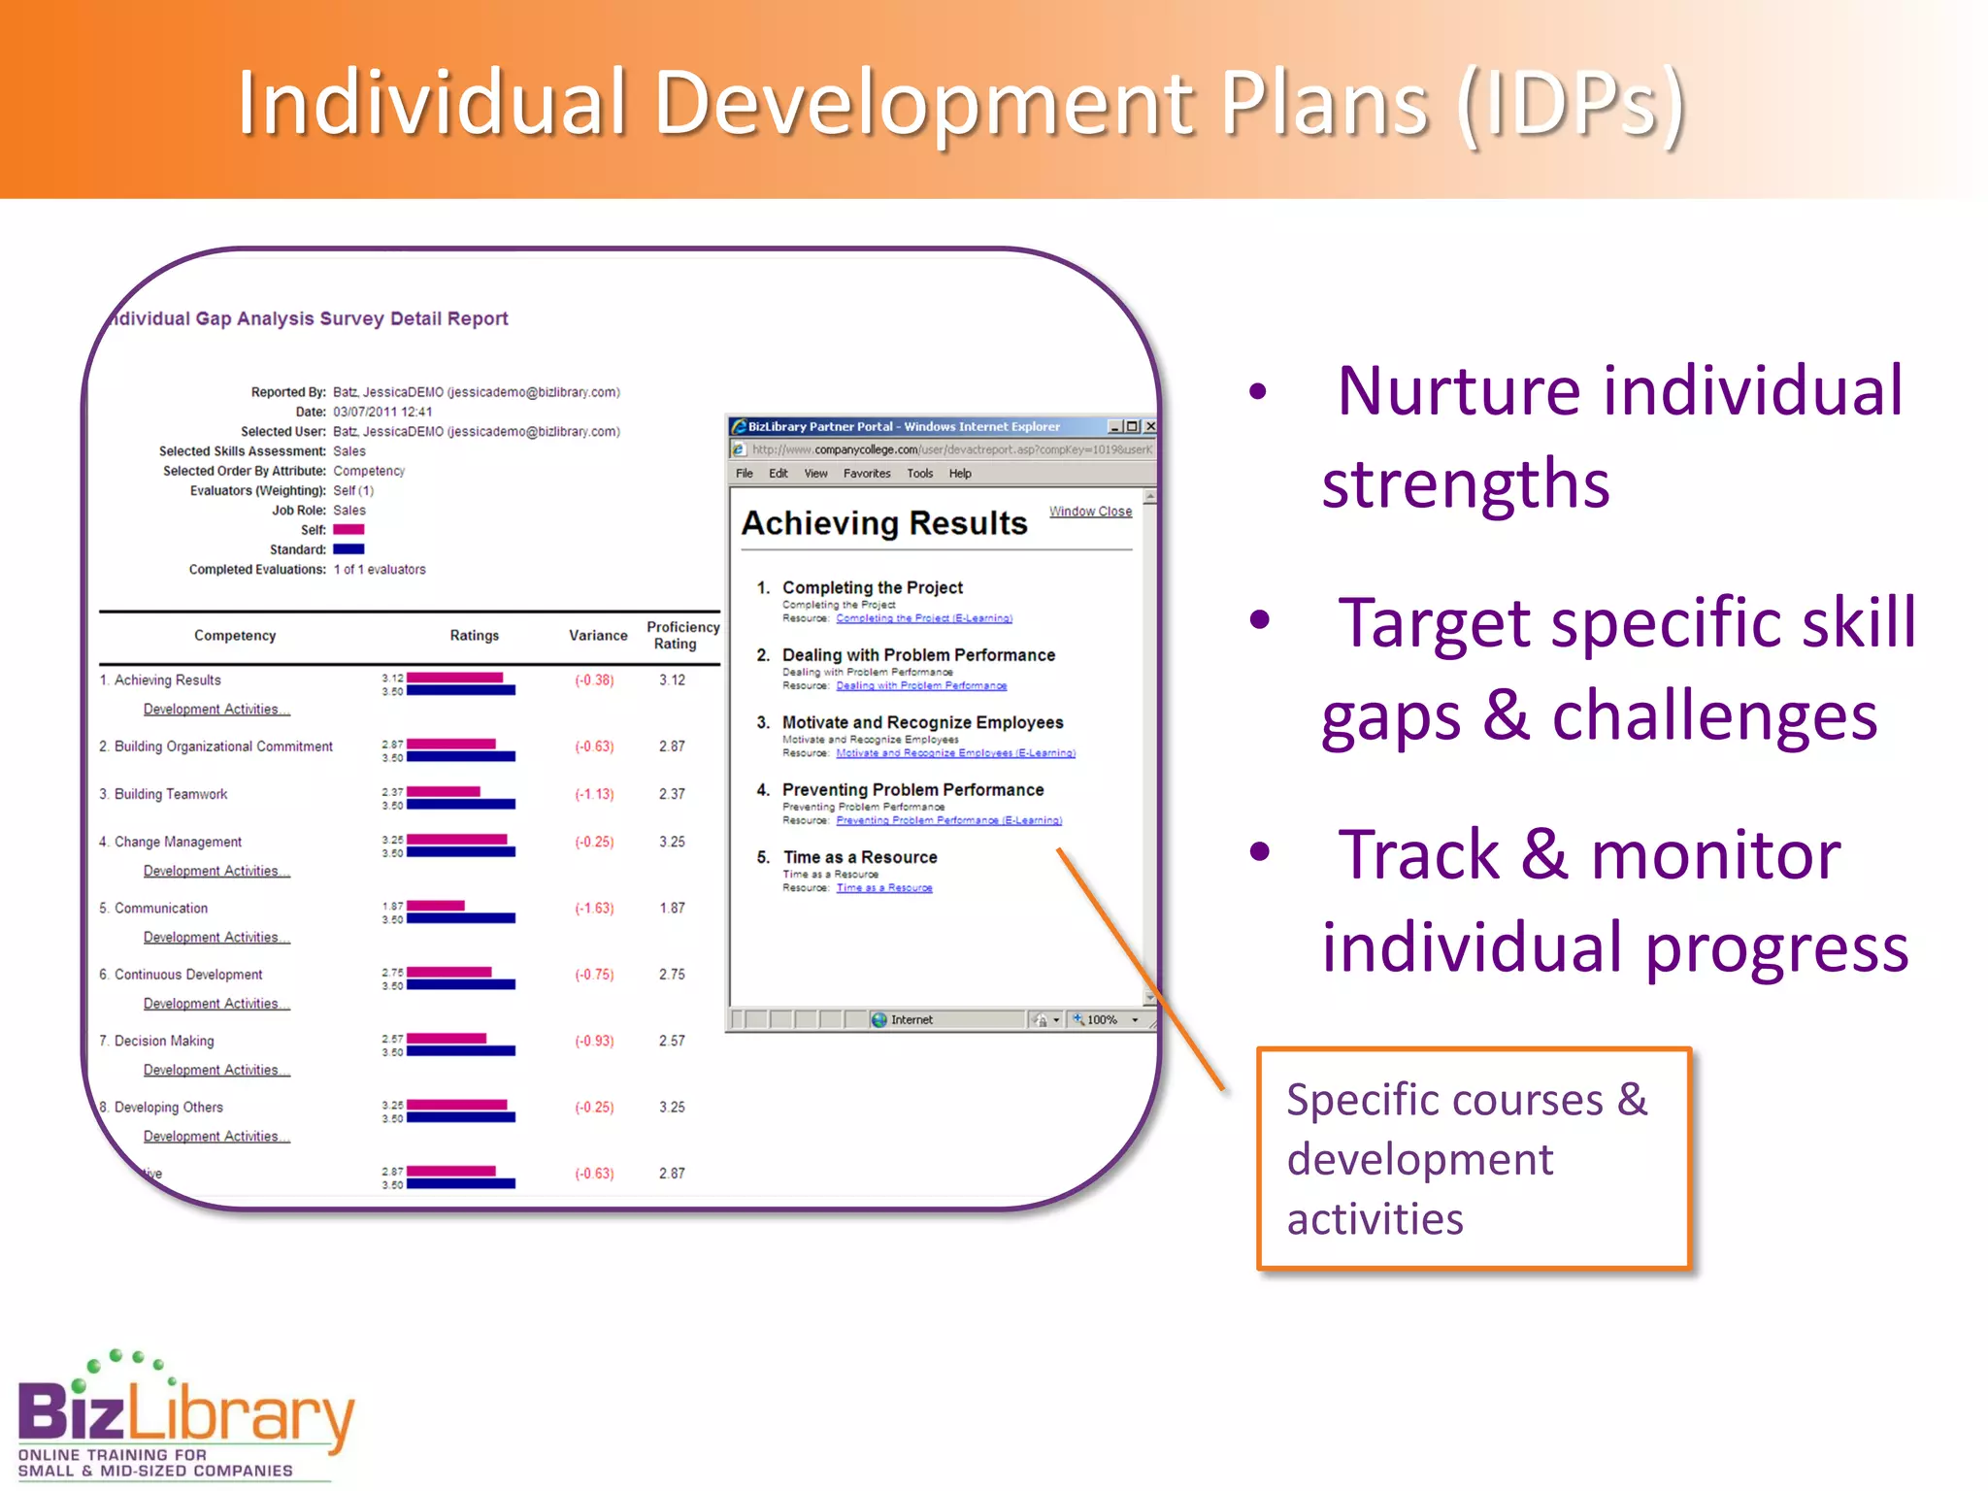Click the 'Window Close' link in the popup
tap(1090, 512)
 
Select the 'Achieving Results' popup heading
tap(883, 523)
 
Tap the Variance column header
tap(598, 635)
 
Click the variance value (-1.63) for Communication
tap(594, 908)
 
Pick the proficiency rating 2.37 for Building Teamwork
tap(672, 794)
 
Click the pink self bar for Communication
tap(436, 905)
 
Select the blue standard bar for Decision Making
tap(461, 1051)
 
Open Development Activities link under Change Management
tap(215, 871)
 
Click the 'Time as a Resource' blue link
tap(883, 888)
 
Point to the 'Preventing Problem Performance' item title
tap(912, 790)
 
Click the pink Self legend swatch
tap(348, 530)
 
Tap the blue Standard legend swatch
tap(348, 549)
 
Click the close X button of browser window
tap(1150, 426)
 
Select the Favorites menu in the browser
tap(866, 474)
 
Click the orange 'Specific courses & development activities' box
tap(1473, 1158)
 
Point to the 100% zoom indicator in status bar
tap(1102, 1019)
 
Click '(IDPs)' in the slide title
tap(1572, 105)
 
